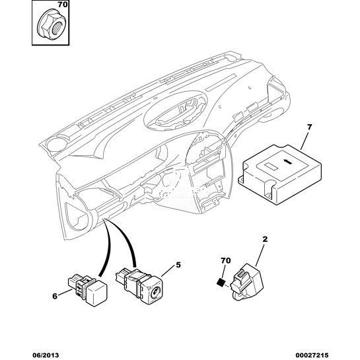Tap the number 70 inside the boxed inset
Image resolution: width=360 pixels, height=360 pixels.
(63, 5)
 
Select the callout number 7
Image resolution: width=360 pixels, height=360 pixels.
(309, 127)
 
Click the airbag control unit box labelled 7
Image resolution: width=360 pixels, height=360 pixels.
(279, 174)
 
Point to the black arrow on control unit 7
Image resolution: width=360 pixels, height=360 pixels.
(288, 162)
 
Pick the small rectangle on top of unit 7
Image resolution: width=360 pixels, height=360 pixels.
(271, 166)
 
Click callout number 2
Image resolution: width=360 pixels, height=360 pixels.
(265, 240)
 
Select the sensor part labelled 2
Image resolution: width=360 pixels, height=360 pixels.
(248, 282)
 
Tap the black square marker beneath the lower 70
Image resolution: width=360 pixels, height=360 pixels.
(221, 282)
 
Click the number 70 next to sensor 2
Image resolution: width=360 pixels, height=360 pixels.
(225, 260)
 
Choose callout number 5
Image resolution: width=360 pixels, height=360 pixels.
(178, 265)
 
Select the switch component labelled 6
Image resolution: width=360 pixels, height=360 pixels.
(88, 291)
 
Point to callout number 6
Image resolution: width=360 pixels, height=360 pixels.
(55, 296)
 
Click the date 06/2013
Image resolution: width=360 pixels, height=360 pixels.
(45, 355)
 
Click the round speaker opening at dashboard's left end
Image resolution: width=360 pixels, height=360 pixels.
(57, 144)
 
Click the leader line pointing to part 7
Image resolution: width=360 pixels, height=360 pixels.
(305, 141)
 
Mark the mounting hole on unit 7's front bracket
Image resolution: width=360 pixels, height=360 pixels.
(268, 195)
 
